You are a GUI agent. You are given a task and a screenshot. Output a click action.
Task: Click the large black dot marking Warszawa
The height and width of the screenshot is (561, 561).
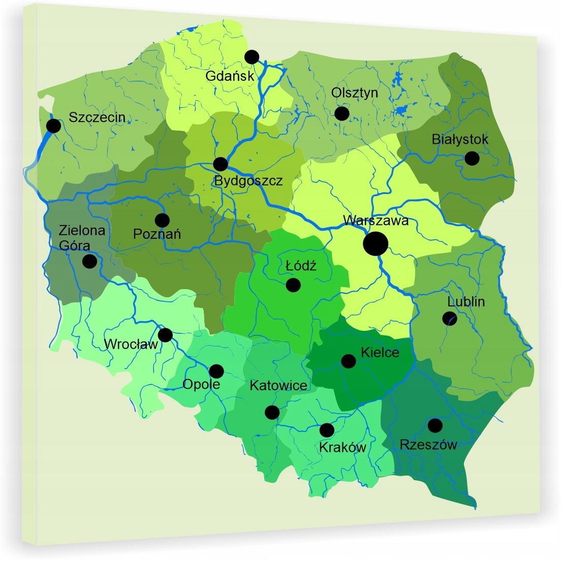(x=376, y=243)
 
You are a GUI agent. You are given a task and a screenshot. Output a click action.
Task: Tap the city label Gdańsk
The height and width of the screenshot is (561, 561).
(x=229, y=76)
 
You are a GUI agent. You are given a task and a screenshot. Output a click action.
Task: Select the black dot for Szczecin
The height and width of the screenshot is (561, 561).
(x=53, y=126)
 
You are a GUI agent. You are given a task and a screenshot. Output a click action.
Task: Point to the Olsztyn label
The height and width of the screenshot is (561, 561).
(x=355, y=93)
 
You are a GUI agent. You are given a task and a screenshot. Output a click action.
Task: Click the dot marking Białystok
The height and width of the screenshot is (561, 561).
(x=472, y=158)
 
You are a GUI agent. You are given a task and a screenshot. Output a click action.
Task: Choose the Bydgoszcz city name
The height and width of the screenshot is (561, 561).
(x=248, y=181)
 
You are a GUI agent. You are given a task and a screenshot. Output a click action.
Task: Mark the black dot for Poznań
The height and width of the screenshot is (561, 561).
(x=162, y=220)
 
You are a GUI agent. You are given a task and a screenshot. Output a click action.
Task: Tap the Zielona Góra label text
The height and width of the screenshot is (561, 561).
(x=81, y=238)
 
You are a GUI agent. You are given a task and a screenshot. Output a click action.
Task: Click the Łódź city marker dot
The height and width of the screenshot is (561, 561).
(x=293, y=285)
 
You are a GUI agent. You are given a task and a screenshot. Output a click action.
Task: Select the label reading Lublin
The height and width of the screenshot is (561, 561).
(x=466, y=302)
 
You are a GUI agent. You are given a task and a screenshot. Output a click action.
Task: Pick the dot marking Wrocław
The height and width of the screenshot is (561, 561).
(x=165, y=335)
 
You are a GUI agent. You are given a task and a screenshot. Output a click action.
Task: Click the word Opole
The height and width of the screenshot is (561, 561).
(x=201, y=384)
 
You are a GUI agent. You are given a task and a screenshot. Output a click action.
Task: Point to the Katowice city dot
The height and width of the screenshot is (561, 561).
(x=272, y=412)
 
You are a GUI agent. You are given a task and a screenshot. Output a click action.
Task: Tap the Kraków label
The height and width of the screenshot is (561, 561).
(x=342, y=448)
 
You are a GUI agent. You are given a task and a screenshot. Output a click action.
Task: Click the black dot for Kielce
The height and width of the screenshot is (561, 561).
(x=348, y=361)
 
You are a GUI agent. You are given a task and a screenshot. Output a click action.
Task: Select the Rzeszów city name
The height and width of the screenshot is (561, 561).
(x=428, y=445)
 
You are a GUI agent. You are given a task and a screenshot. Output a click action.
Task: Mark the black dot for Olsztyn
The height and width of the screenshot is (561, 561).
(x=342, y=113)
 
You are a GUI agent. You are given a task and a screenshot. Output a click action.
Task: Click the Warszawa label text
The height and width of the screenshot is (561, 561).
(x=376, y=221)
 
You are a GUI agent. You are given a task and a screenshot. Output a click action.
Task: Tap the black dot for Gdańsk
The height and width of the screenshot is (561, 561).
(x=252, y=57)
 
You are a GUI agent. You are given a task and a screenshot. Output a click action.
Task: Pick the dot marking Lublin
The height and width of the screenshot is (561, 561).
(x=450, y=319)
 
